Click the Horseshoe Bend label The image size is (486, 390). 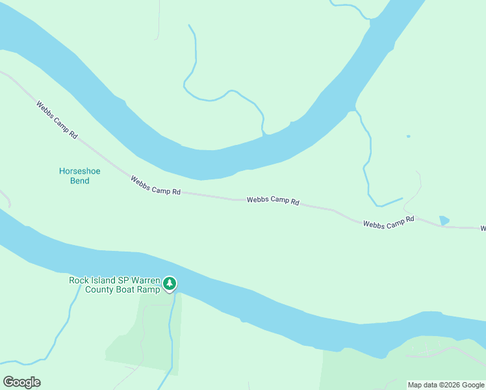point(79,175)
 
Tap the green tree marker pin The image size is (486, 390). point(170,283)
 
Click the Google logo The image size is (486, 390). point(21,382)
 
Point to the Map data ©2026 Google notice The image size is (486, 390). point(446,385)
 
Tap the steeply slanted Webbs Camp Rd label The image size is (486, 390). point(57,120)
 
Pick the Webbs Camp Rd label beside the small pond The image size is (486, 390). point(389,222)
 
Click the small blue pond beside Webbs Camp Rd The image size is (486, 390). point(444,220)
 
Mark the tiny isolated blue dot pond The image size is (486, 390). point(408,136)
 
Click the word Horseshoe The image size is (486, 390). point(80,171)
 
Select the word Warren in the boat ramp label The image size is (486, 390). point(142,280)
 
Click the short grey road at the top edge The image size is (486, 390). point(158,19)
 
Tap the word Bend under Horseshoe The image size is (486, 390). point(80,181)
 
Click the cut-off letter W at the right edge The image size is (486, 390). point(483,229)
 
